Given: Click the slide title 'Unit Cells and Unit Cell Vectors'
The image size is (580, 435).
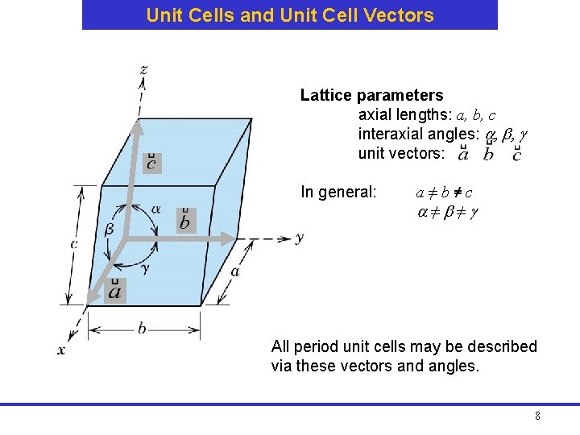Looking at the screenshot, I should pyautogui.click(x=290, y=15).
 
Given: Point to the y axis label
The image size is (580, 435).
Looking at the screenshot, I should pyautogui.click(x=299, y=238).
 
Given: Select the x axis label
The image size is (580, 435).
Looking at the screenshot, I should pyautogui.click(x=61, y=350).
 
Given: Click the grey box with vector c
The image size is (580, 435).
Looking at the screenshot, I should pyautogui.click(x=151, y=163).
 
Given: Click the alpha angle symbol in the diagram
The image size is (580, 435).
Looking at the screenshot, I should pyautogui.click(x=155, y=209).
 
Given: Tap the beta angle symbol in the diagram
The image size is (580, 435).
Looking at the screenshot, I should pyautogui.click(x=110, y=229).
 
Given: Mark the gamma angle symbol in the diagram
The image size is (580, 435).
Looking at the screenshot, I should pyautogui.click(x=144, y=267).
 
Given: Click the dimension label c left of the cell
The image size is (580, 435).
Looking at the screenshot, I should pyautogui.click(x=73, y=243).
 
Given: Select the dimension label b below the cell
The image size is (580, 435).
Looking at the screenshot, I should pyautogui.click(x=142, y=328).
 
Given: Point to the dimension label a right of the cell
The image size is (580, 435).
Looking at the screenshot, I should pyautogui.click(x=234, y=271).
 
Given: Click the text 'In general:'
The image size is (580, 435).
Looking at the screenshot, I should pyautogui.click(x=338, y=193).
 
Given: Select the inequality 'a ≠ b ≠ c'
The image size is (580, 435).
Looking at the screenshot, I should pyautogui.click(x=443, y=193).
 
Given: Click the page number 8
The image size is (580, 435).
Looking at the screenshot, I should pyautogui.click(x=537, y=416).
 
